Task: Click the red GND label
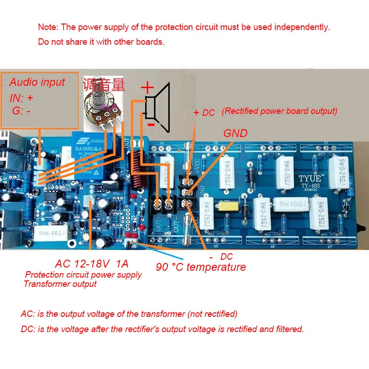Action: (x=235, y=133)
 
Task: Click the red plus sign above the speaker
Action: (x=147, y=88)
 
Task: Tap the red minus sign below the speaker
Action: (x=150, y=124)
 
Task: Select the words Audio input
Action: (x=37, y=83)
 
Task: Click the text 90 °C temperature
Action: (x=201, y=267)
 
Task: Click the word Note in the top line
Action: (x=48, y=27)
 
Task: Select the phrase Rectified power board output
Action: (x=280, y=111)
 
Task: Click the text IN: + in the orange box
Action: (x=21, y=98)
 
